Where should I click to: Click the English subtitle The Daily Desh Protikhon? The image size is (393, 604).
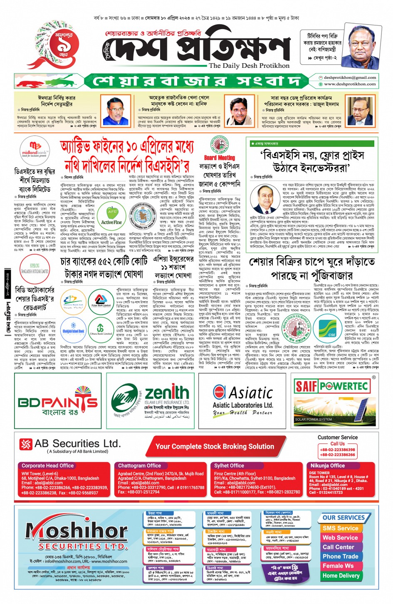coord(249,66)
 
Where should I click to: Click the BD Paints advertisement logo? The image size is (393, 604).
coord(58,403)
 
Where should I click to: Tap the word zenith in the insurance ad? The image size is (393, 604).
coord(167,392)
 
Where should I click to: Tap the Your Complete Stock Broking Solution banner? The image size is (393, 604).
coord(215,446)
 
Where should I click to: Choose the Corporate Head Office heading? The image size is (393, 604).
coord(47,465)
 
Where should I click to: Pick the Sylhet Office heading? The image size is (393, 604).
coord(229,465)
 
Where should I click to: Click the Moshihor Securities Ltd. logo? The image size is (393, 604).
coord(77,535)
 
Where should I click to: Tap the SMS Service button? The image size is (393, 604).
coord(340,528)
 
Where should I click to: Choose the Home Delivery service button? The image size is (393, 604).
coord(341,576)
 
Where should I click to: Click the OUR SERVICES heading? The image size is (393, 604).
coord(344,517)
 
